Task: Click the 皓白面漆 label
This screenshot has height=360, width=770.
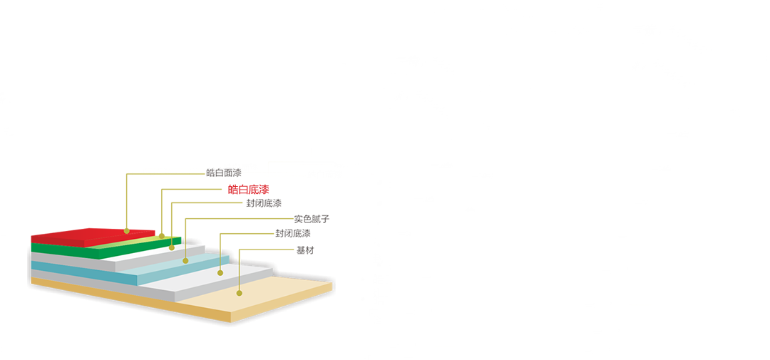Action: click(x=224, y=173)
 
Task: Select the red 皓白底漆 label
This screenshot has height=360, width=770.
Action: click(x=249, y=190)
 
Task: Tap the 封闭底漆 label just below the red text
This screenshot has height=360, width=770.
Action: click(x=265, y=203)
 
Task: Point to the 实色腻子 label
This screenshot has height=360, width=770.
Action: click(x=312, y=219)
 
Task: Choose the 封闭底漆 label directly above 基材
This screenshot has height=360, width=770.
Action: click(x=293, y=234)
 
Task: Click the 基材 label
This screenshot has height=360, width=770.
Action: click(x=305, y=250)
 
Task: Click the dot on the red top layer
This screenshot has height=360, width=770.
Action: click(x=127, y=231)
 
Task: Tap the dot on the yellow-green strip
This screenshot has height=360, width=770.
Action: click(x=162, y=236)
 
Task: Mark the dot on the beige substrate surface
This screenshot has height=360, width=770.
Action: click(x=239, y=293)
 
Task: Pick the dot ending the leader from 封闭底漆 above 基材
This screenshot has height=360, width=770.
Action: click(x=220, y=272)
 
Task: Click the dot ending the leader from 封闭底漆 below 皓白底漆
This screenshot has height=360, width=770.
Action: click(x=172, y=247)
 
